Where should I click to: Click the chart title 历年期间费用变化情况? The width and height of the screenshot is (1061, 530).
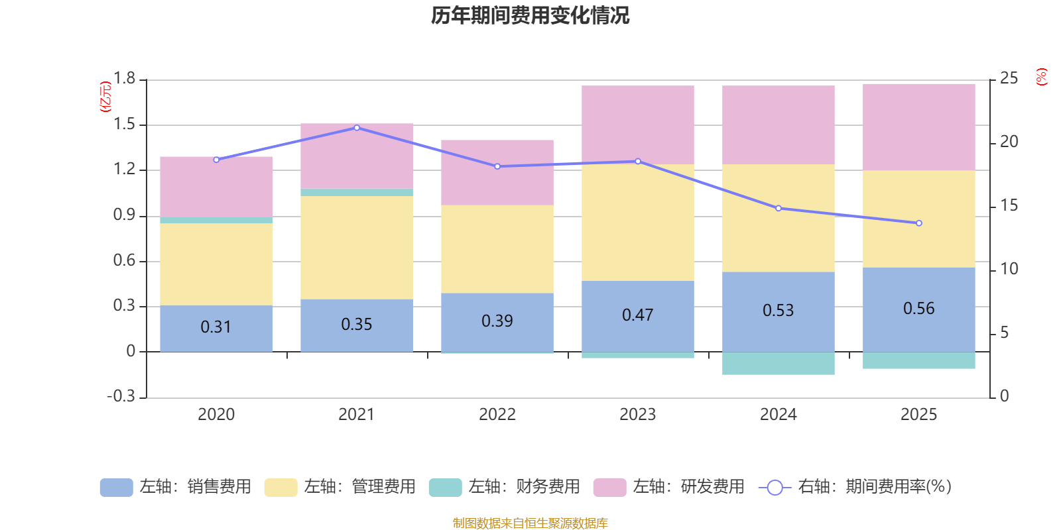[x=530, y=15]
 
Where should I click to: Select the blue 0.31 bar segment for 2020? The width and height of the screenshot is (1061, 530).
[x=216, y=328]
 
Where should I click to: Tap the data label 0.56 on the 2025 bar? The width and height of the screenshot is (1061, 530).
[x=918, y=309]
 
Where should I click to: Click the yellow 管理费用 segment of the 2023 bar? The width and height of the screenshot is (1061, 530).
[x=637, y=222]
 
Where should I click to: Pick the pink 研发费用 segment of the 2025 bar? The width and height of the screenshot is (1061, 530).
[x=918, y=127]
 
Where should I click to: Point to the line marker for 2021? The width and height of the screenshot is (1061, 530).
[x=357, y=128]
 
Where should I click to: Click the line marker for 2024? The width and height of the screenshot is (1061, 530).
[x=779, y=208]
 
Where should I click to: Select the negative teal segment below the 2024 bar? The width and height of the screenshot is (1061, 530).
[x=778, y=364]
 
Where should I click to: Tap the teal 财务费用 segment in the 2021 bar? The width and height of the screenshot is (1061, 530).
[x=357, y=192]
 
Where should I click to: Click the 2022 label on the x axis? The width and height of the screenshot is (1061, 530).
[x=497, y=415]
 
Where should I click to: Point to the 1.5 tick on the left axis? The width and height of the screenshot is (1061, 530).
[x=124, y=125]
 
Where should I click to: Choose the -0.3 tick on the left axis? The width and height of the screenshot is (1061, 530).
[x=121, y=396]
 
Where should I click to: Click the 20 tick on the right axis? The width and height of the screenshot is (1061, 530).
[x=1009, y=142]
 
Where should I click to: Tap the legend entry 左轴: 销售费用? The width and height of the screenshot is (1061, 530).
[x=176, y=487]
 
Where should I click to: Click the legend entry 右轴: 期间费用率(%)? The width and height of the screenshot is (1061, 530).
[x=855, y=487]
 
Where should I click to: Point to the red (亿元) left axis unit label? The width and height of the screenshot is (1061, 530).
[x=105, y=97]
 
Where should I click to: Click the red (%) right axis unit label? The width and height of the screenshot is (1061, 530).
[x=1041, y=77]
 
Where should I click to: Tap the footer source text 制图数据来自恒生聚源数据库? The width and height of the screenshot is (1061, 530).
[x=530, y=523]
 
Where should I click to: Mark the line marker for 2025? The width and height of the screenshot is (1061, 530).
[x=919, y=223]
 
